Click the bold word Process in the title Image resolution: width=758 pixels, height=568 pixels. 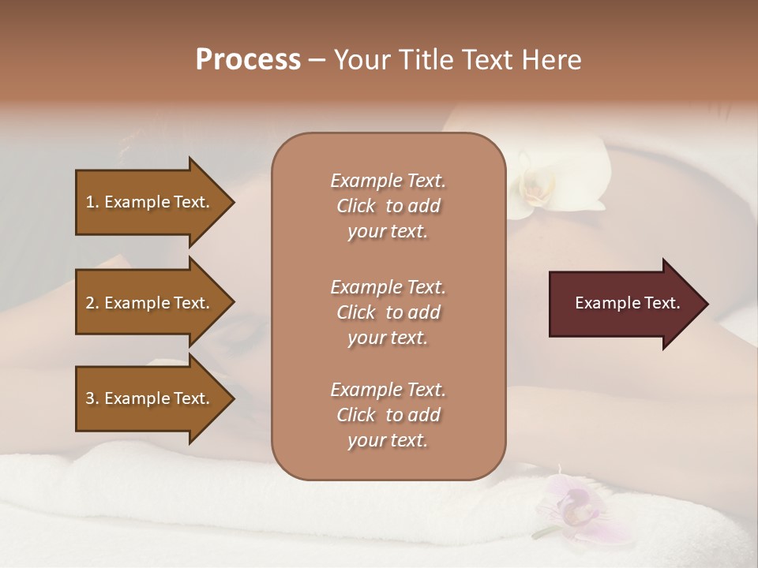click(x=248, y=60)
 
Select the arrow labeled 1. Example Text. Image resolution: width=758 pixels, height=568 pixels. click(x=150, y=202)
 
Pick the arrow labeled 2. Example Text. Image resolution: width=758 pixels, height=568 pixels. click(x=150, y=303)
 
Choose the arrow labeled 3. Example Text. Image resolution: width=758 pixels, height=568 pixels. click(x=150, y=398)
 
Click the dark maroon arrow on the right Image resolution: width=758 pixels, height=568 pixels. click(x=624, y=304)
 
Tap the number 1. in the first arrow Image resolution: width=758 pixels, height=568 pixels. click(x=92, y=202)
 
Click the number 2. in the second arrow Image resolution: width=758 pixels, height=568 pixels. click(x=92, y=303)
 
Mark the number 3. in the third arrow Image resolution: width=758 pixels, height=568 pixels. click(x=92, y=398)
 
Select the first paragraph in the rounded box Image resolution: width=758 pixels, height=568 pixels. click(x=388, y=206)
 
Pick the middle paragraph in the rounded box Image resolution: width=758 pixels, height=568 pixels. click(x=388, y=312)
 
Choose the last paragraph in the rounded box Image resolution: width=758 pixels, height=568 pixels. click(x=388, y=415)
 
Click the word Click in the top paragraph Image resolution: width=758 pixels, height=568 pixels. click(x=355, y=206)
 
